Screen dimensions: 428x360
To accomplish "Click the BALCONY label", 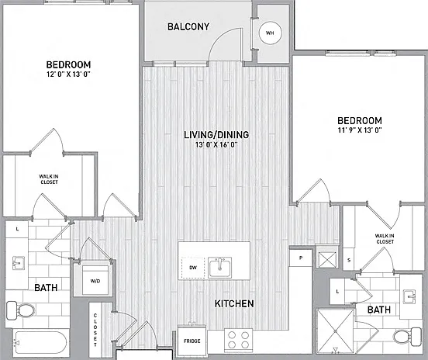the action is [x=188, y=26].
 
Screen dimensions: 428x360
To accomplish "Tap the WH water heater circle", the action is [x=271, y=33].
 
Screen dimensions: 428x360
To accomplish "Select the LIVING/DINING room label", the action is [x=216, y=135].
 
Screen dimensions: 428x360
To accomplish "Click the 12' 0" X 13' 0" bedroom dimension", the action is [x=68, y=74].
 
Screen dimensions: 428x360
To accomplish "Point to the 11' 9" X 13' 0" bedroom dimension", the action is [x=360, y=130].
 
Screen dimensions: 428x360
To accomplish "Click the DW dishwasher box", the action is [x=193, y=268].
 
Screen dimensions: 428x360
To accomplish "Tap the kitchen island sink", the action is [x=219, y=268].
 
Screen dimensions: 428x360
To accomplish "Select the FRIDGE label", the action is [x=192, y=341].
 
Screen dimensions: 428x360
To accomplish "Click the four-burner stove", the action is [x=238, y=340].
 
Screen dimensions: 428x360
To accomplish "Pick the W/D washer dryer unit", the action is [x=95, y=281].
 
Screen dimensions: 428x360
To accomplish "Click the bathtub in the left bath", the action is [x=40, y=343].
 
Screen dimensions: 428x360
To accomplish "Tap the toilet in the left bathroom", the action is [x=21, y=310].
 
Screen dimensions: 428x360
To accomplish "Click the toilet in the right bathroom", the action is [x=408, y=336].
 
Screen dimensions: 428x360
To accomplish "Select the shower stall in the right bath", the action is [x=335, y=331].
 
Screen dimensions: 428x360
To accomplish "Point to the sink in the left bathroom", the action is [x=19, y=263].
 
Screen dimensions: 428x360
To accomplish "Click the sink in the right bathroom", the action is [x=409, y=296].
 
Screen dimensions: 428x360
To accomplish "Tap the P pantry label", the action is [x=301, y=258].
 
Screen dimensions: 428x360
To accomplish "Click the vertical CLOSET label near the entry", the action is [x=95, y=330].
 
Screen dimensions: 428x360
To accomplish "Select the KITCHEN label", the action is [x=234, y=303].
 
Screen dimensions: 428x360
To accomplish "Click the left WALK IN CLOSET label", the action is [x=49, y=179].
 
